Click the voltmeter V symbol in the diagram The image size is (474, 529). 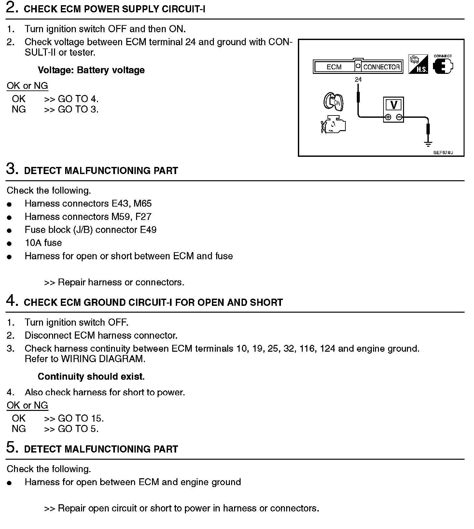[x=394, y=105]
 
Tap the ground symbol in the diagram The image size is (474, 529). [x=428, y=143]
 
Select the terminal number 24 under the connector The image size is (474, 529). [x=358, y=79]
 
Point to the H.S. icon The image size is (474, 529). [x=418, y=64]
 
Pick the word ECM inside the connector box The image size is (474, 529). [x=334, y=67]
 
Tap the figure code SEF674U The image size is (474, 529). [x=443, y=152]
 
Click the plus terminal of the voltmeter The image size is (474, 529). [x=388, y=117]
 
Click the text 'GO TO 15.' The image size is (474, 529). [x=81, y=418]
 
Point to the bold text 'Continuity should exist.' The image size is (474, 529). [x=91, y=376]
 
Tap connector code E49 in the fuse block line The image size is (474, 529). [x=148, y=230]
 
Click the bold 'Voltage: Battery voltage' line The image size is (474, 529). [x=91, y=70]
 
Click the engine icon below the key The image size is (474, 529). [x=334, y=125]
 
